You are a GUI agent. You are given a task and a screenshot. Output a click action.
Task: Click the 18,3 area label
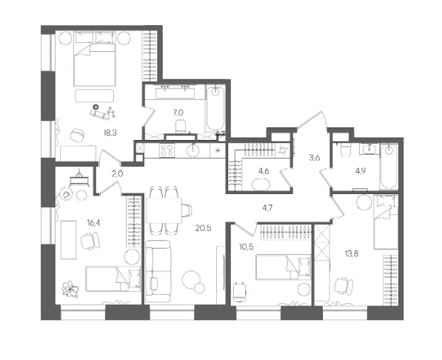pos(110,133)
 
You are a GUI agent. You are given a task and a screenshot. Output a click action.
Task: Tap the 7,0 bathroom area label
pos(178,113)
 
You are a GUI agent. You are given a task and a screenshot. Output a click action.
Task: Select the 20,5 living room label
pos(204,228)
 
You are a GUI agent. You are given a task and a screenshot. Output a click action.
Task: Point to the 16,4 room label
pos(93,223)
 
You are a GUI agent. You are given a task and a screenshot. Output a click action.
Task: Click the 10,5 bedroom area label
pos(247,247)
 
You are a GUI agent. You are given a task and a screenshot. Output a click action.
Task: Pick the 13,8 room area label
pos(352,254)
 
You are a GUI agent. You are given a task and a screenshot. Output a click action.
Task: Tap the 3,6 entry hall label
pos(315,158)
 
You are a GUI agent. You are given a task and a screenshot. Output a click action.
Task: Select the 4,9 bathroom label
pos(361,171)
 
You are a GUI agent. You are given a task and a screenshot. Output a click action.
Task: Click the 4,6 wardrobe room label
pos(264,171)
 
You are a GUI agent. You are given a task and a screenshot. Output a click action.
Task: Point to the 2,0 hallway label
pos(117,174)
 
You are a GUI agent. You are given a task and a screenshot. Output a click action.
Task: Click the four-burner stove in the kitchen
pos(167,150)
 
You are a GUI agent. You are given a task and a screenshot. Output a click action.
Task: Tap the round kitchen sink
pos(192,150)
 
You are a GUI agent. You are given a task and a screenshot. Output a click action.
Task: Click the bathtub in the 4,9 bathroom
pos(389,167)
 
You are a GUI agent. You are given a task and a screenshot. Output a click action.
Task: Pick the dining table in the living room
pos(164,210)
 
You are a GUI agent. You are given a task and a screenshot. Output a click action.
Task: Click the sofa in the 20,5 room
pos(158,271)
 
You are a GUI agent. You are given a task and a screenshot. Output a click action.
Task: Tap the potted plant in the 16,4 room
pos(70,290)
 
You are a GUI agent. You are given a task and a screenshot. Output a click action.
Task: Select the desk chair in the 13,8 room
pos(344,286)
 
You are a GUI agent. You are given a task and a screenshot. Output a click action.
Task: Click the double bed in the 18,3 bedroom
pos(95,59)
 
